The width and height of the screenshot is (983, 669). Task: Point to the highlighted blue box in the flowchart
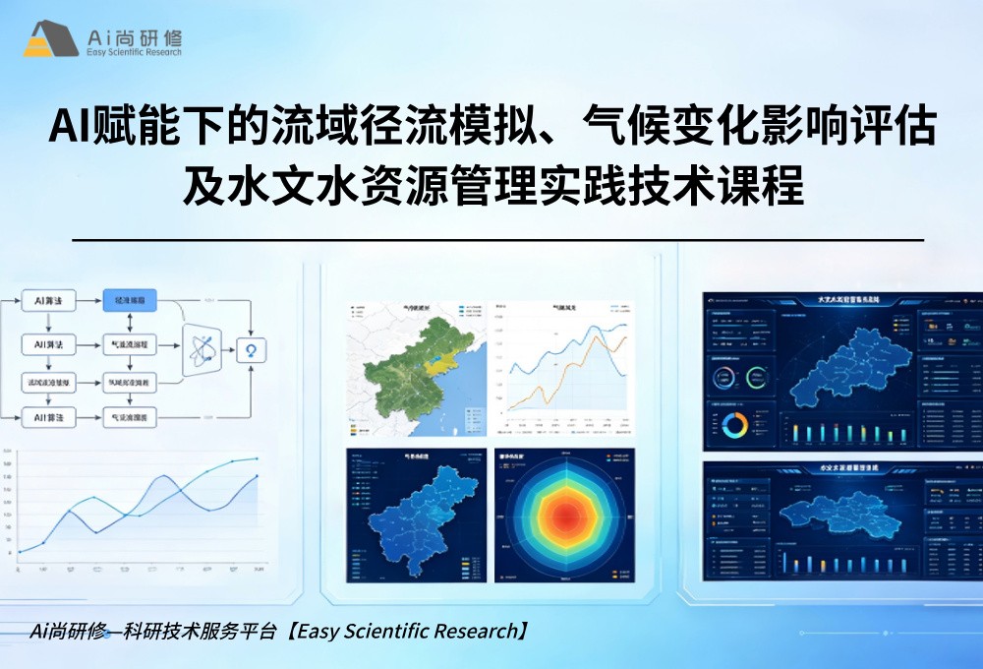[x=130, y=300]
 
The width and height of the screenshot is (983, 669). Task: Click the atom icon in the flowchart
[x=208, y=349]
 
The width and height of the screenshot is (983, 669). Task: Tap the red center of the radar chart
[x=564, y=515]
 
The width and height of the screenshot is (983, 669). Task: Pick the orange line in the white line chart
[x=560, y=374]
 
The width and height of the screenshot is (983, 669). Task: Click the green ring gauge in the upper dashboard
[x=757, y=378]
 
